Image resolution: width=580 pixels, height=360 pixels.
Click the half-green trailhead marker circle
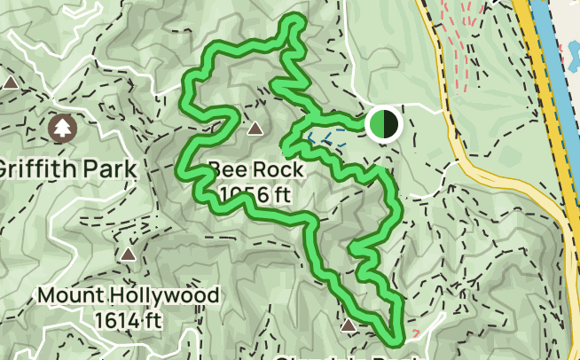point(383,124)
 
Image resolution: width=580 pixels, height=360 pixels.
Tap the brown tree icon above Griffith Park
point(62,129)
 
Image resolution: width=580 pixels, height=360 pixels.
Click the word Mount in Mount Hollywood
point(67,294)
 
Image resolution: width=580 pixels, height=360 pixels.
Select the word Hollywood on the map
point(158,294)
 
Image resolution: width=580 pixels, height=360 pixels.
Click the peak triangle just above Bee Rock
point(255,129)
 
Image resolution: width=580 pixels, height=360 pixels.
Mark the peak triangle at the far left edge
point(11,82)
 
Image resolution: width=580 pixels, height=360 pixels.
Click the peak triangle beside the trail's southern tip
point(349,325)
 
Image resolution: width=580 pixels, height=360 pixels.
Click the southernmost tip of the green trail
point(396,338)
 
